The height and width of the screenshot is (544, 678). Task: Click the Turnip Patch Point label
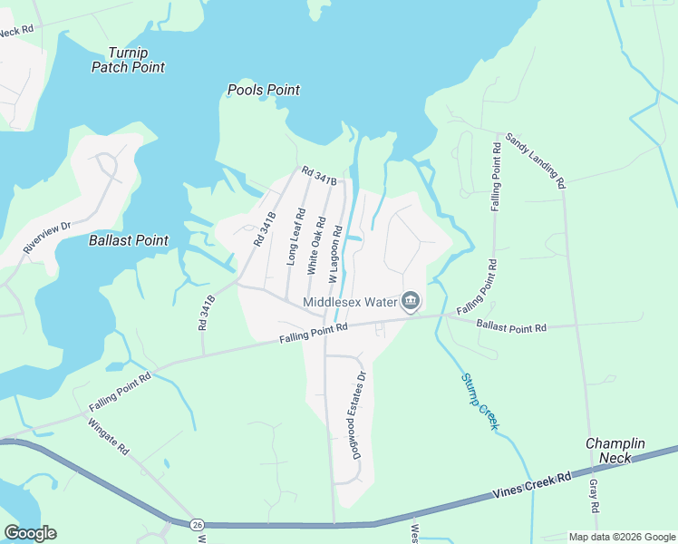(x=128, y=60)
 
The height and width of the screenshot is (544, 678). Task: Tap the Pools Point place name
(x=263, y=90)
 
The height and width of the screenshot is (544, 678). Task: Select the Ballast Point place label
(x=129, y=240)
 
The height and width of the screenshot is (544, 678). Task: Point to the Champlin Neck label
(x=615, y=452)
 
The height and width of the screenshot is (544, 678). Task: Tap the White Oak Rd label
(x=315, y=246)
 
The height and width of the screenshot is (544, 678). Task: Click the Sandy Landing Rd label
(x=537, y=160)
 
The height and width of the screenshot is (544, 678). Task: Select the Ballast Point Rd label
(x=512, y=325)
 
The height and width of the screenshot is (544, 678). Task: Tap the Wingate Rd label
(x=110, y=436)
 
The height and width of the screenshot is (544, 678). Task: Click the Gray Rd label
(x=595, y=497)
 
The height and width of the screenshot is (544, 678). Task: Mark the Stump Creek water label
(x=479, y=401)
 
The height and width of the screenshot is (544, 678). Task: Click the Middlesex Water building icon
(x=411, y=301)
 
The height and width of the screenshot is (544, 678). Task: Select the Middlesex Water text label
(x=349, y=302)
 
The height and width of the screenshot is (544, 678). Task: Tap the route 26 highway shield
(x=197, y=524)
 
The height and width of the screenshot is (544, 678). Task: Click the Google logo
(x=30, y=533)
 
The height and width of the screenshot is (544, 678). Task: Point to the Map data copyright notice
(x=622, y=536)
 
